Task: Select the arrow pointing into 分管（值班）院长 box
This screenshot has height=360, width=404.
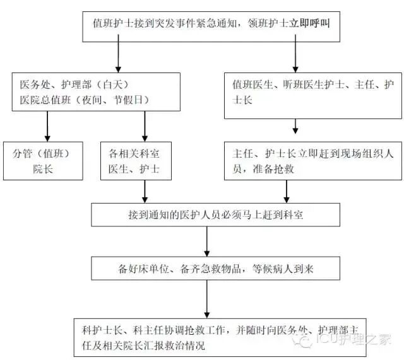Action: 47,129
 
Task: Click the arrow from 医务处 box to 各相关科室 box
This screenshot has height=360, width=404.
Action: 145,129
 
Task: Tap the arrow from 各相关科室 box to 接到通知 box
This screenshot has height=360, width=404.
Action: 145,191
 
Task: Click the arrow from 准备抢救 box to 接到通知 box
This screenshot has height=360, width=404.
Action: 287,191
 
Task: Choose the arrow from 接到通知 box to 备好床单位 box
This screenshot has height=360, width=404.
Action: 208,241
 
